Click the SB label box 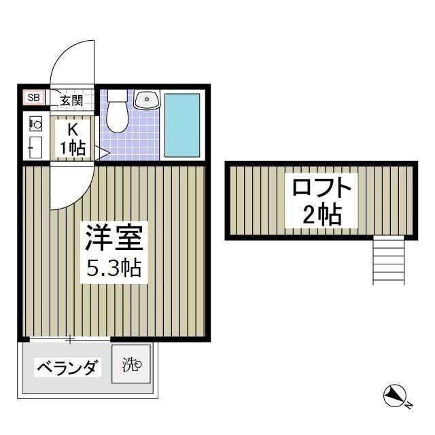33,98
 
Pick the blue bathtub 182,125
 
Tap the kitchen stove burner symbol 37,124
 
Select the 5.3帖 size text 114,268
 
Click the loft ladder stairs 389,261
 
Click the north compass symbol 394,396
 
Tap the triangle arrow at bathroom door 102,153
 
